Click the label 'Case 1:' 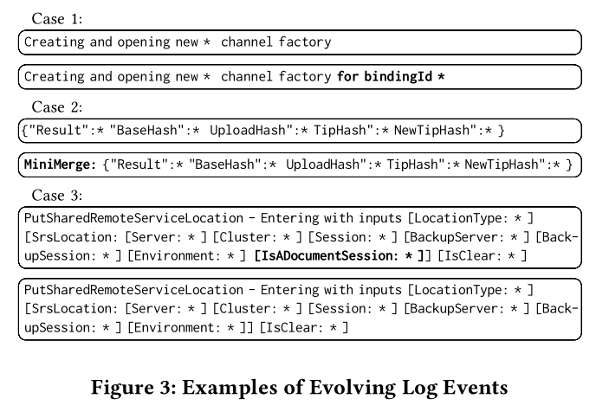[57, 18]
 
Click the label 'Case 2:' [57, 107]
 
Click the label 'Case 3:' [57, 196]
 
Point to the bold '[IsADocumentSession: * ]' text [340, 255]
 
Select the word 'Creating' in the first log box [53, 42]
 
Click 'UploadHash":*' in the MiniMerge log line [330, 165]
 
